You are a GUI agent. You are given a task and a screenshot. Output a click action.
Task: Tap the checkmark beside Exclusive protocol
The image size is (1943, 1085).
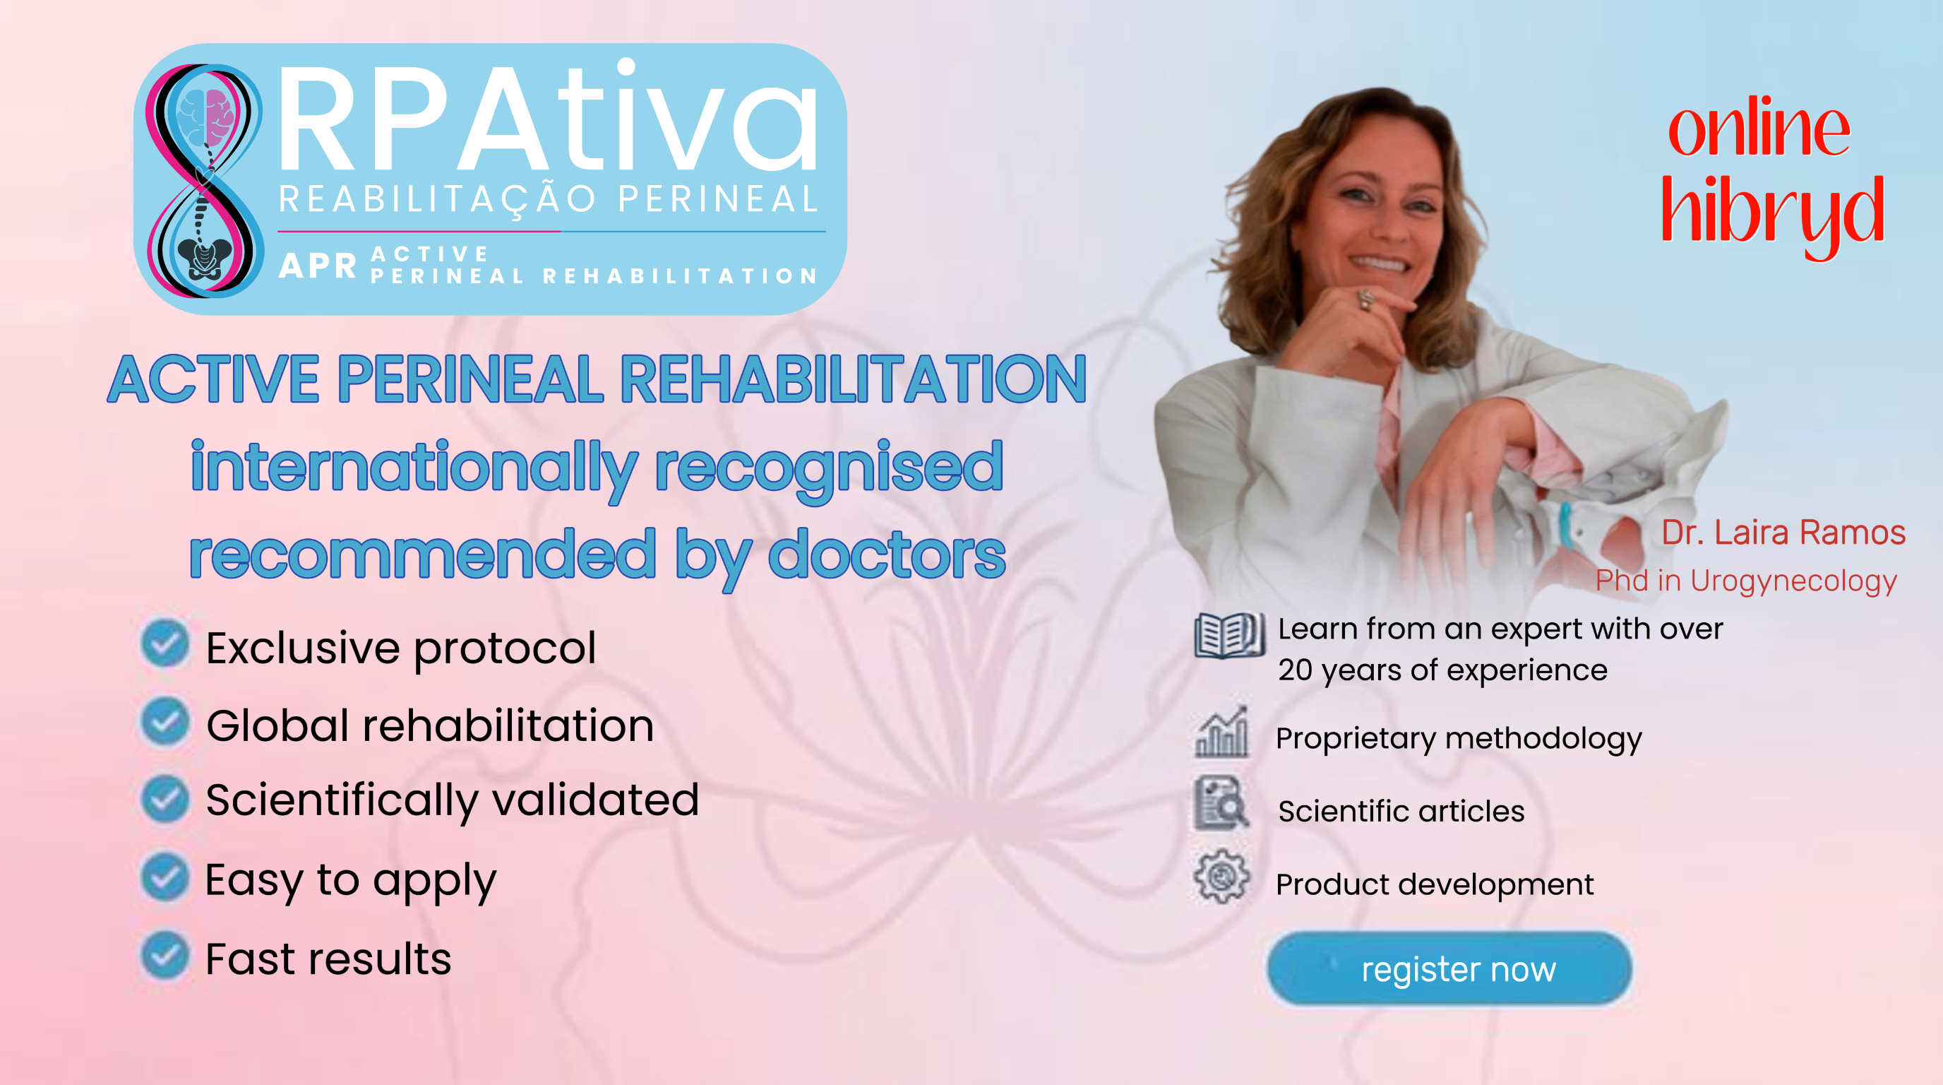(165, 644)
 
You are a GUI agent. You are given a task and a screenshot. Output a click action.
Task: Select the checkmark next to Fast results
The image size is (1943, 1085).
(165, 955)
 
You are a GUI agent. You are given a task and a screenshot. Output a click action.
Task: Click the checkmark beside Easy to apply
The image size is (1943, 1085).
(165, 877)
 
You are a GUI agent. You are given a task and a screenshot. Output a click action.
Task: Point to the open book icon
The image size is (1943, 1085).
(1228, 635)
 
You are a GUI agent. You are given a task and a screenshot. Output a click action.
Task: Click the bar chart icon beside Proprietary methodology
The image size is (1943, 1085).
(1221, 732)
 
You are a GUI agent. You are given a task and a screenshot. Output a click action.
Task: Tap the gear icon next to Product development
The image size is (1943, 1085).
(1221, 877)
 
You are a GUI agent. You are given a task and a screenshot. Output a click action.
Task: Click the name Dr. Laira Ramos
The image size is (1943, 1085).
(1783, 532)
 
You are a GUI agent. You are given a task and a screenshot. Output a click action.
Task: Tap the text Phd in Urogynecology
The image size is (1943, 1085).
(1746, 581)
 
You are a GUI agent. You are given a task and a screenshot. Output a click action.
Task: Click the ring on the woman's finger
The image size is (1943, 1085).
(1365, 299)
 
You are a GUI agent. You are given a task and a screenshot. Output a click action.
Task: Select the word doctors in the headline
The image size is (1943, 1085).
(886, 555)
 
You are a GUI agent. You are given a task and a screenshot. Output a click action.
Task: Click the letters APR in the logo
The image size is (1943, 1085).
(318, 266)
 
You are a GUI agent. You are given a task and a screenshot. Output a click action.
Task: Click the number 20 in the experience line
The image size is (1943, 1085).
(1295, 670)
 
